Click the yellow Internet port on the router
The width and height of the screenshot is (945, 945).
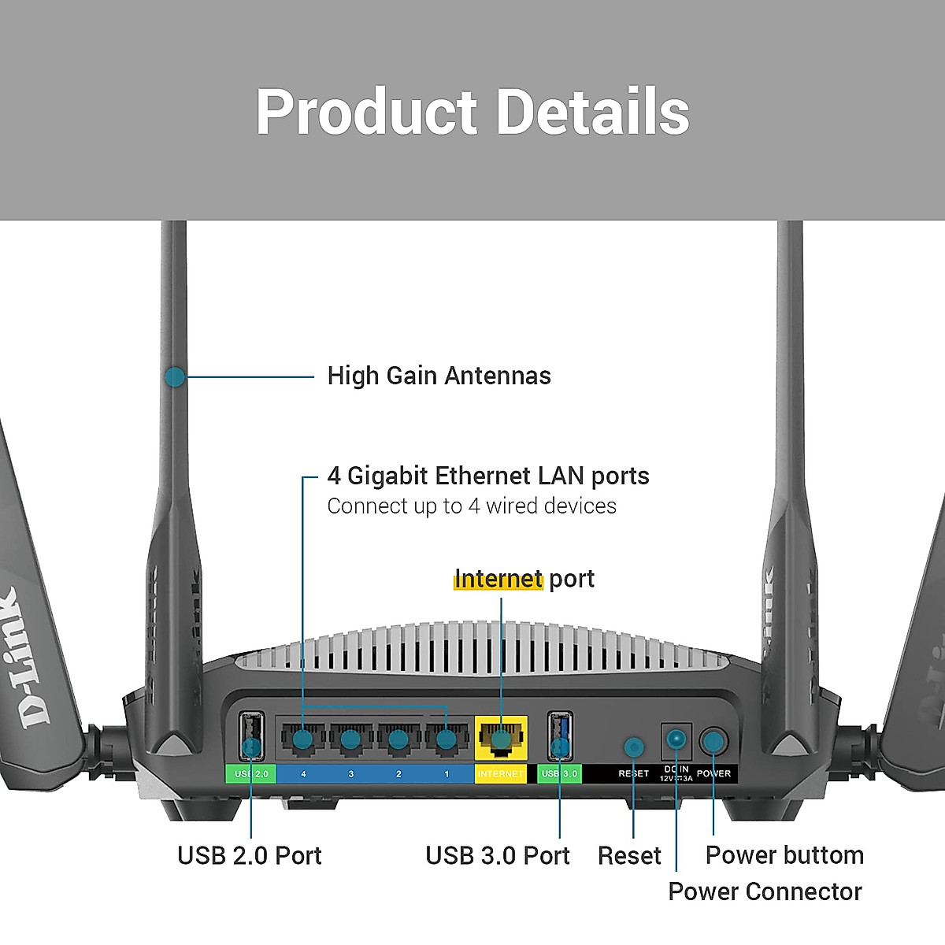pos(501,739)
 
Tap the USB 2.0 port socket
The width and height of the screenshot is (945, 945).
pos(251,736)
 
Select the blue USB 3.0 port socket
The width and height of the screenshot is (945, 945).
pos(560,736)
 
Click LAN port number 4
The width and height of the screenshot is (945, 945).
pos(303,739)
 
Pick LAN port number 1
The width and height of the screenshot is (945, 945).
pos(446,739)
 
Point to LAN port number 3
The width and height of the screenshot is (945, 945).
pos(351,739)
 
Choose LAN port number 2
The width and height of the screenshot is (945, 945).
pos(398,739)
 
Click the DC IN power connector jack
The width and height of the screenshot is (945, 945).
pos(676,739)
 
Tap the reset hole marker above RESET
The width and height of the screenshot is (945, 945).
pos(633,747)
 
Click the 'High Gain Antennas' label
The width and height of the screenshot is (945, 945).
pos(439,376)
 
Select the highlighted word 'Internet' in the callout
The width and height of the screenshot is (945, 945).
pos(498,579)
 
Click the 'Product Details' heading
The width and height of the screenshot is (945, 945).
pos(472,112)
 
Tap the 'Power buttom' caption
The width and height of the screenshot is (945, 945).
pos(784,855)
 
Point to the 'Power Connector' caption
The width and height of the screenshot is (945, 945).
pos(765,891)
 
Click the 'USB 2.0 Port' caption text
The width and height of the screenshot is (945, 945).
pos(250,855)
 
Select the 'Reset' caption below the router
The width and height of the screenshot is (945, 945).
pos(629,855)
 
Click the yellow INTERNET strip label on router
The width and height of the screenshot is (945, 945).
pos(500,774)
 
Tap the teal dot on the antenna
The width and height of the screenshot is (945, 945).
pos(175,377)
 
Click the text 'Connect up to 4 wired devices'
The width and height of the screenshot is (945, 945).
pos(472,506)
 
